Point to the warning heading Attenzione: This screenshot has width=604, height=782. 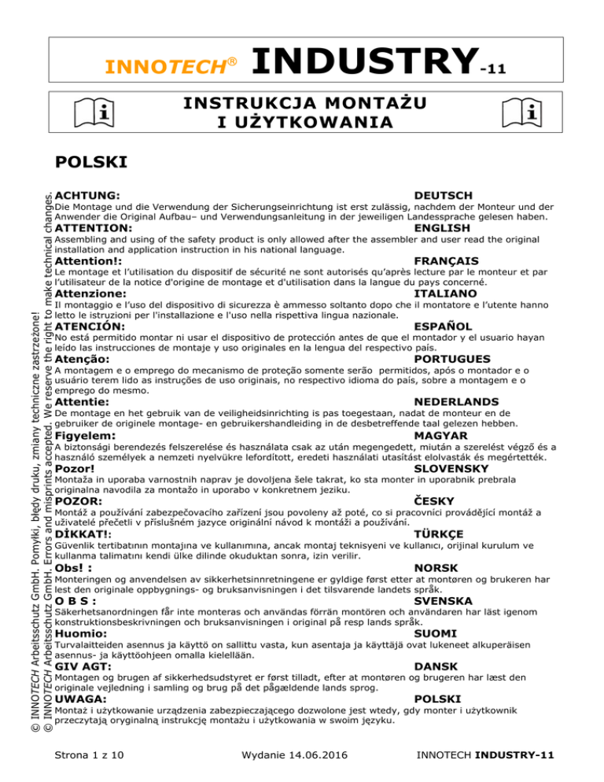(93, 293)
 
